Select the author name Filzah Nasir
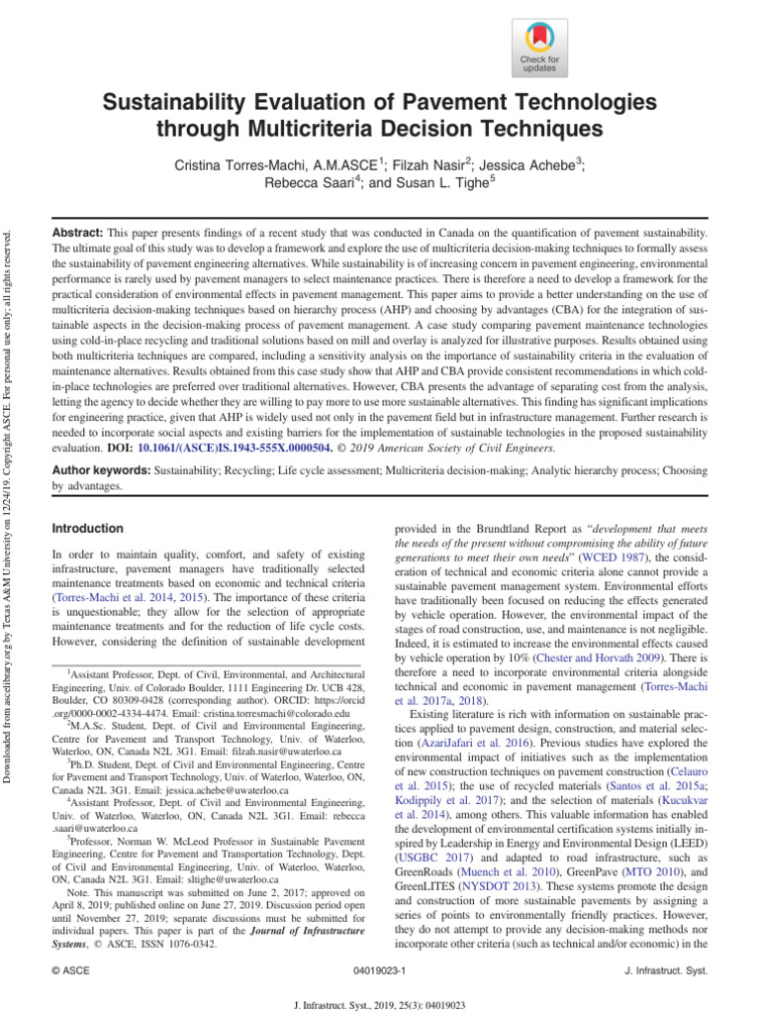point(431,165)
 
